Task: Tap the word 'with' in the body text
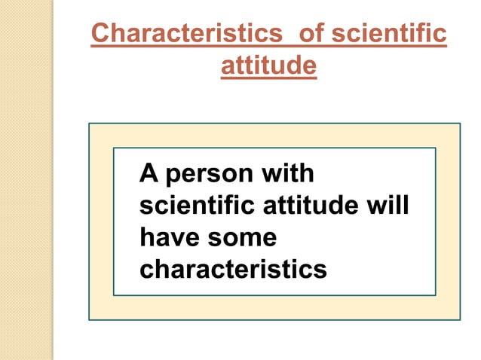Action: click(286, 175)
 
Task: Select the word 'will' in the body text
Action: click(392, 206)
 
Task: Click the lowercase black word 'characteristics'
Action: click(234, 269)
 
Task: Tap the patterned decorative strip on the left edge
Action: click(26, 180)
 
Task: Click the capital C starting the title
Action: click(99, 35)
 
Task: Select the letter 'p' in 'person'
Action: click(173, 178)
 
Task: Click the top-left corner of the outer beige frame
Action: click(90, 124)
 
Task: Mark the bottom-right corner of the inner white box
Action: click(435, 294)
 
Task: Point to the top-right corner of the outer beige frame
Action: click(459, 124)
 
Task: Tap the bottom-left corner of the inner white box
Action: click(114, 294)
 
